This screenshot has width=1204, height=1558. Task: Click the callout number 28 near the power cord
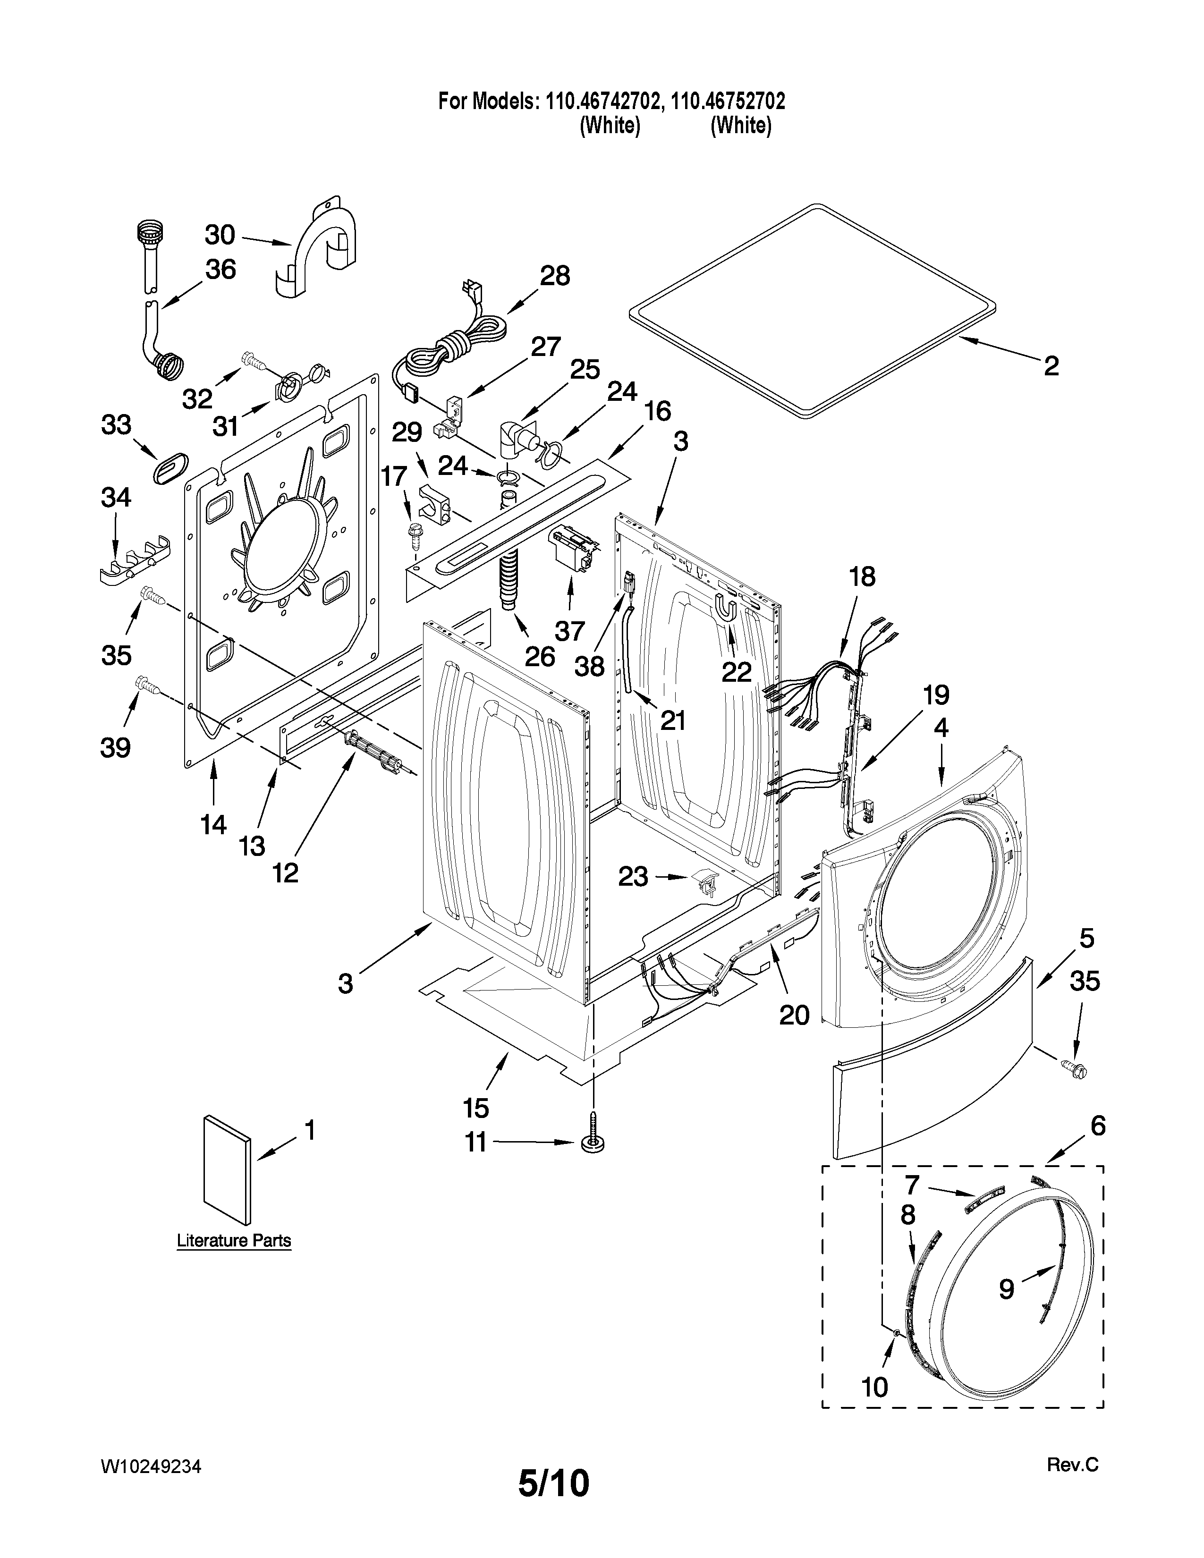tap(554, 276)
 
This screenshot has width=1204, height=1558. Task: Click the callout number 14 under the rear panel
tap(213, 825)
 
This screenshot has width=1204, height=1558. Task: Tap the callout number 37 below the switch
tap(569, 631)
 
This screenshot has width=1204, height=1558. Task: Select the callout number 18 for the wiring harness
tap(862, 576)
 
